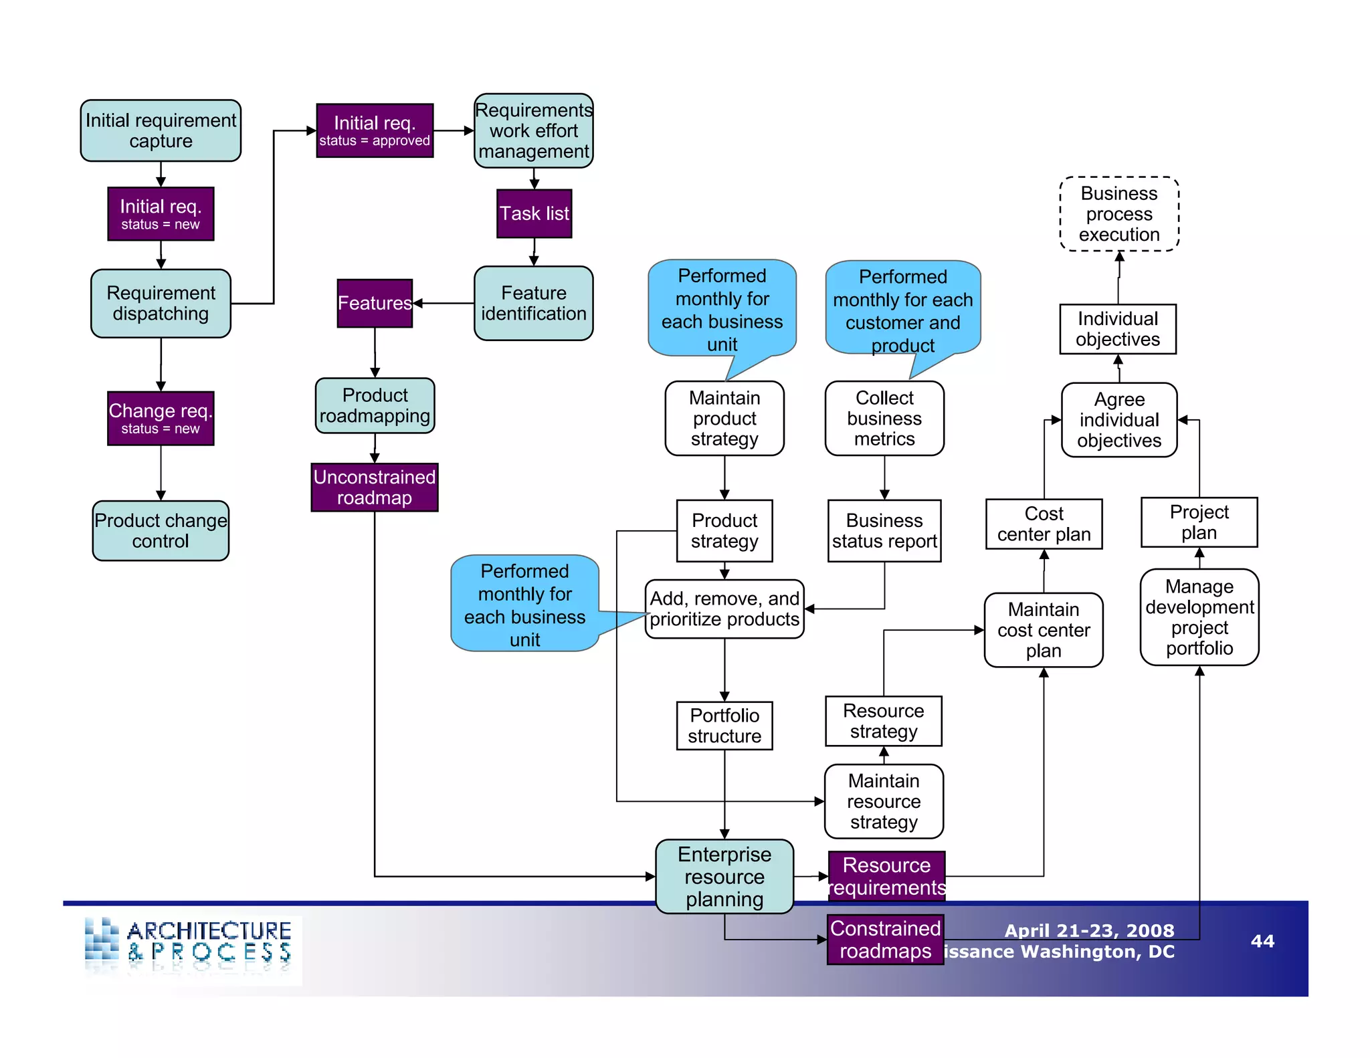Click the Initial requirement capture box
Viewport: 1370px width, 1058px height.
161,131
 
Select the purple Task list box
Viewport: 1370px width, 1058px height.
534,214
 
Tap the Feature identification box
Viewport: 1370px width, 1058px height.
533,304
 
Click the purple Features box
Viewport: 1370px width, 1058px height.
375,304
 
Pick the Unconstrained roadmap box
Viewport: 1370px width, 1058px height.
375,488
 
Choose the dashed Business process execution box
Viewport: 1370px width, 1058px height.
1119,214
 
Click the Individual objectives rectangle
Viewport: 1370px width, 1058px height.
1118,329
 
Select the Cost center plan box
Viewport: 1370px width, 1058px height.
1044,524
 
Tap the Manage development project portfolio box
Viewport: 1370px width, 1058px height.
1199,617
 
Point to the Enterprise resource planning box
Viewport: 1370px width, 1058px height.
724,877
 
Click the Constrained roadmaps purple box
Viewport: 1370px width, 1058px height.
885,940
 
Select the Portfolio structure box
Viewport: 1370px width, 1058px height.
724,726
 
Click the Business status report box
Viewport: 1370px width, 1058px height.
884,531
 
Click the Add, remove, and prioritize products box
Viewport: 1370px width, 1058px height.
724,609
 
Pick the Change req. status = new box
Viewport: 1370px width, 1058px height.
161,419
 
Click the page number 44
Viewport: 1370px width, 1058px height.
1262,941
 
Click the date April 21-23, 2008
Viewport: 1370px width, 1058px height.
1089,930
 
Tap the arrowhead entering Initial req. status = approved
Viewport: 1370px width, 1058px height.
312,131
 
